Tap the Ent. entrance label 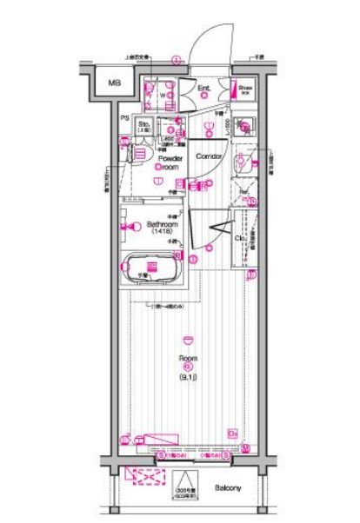click(x=204, y=88)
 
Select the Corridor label click(x=209, y=156)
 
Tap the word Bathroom click(x=163, y=224)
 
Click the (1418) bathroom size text click(x=163, y=233)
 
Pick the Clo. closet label click(x=237, y=240)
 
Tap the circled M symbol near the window click(x=246, y=448)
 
